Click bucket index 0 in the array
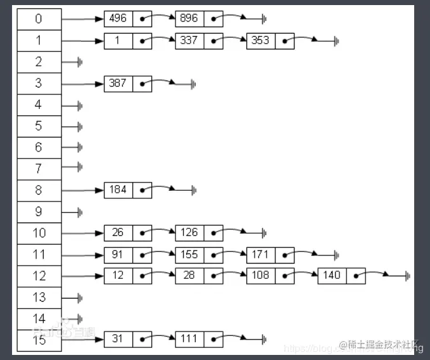(39, 19)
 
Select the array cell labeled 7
(39, 168)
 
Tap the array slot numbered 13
(39, 297)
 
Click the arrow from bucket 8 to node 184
(83, 190)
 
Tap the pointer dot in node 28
(213, 276)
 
